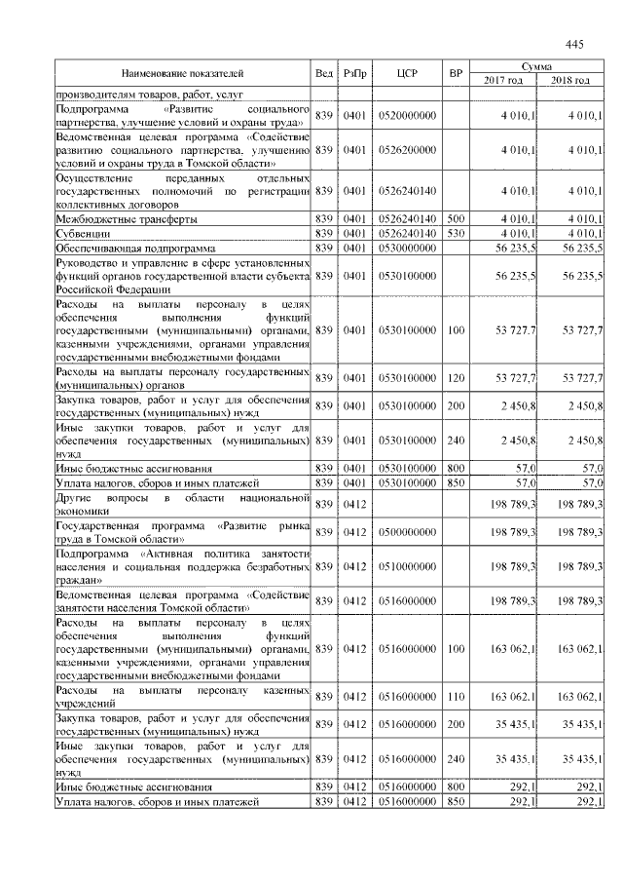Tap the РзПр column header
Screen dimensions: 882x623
click(353, 73)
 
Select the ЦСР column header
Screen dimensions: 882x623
click(408, 73)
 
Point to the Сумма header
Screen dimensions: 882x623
click(536, 65)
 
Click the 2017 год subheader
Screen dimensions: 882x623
click(503, 80)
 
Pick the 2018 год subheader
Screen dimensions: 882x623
click(570, 80)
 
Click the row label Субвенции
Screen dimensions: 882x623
click(82, 235)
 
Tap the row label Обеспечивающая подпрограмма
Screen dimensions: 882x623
click(114, 249)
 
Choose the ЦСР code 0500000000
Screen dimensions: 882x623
click(408, 531)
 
